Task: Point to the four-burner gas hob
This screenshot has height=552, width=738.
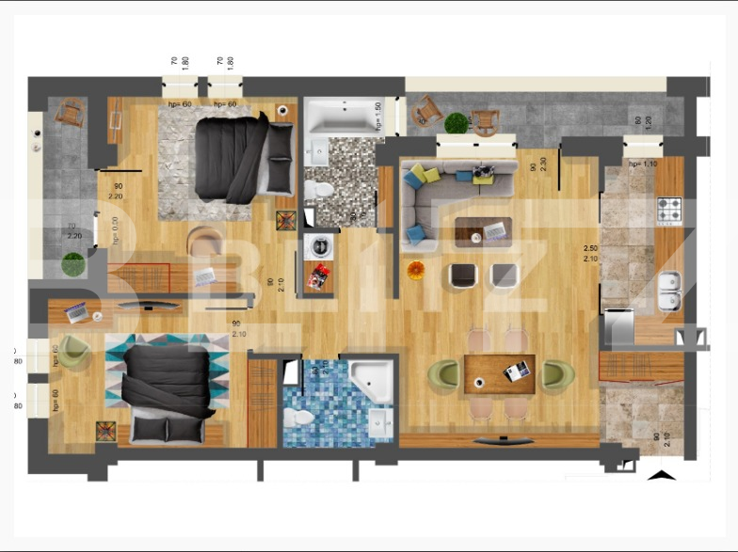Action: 668,210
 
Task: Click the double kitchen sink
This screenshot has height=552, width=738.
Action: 670,291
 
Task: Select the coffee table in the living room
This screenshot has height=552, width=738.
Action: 482,231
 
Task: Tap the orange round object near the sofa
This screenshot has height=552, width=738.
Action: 416,271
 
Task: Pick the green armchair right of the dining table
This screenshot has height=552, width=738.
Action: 557,375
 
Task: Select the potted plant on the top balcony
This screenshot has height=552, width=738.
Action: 457,122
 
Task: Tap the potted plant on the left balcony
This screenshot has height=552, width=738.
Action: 72,264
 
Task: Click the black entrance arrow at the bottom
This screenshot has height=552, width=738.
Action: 663,474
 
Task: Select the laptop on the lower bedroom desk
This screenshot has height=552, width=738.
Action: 75,310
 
